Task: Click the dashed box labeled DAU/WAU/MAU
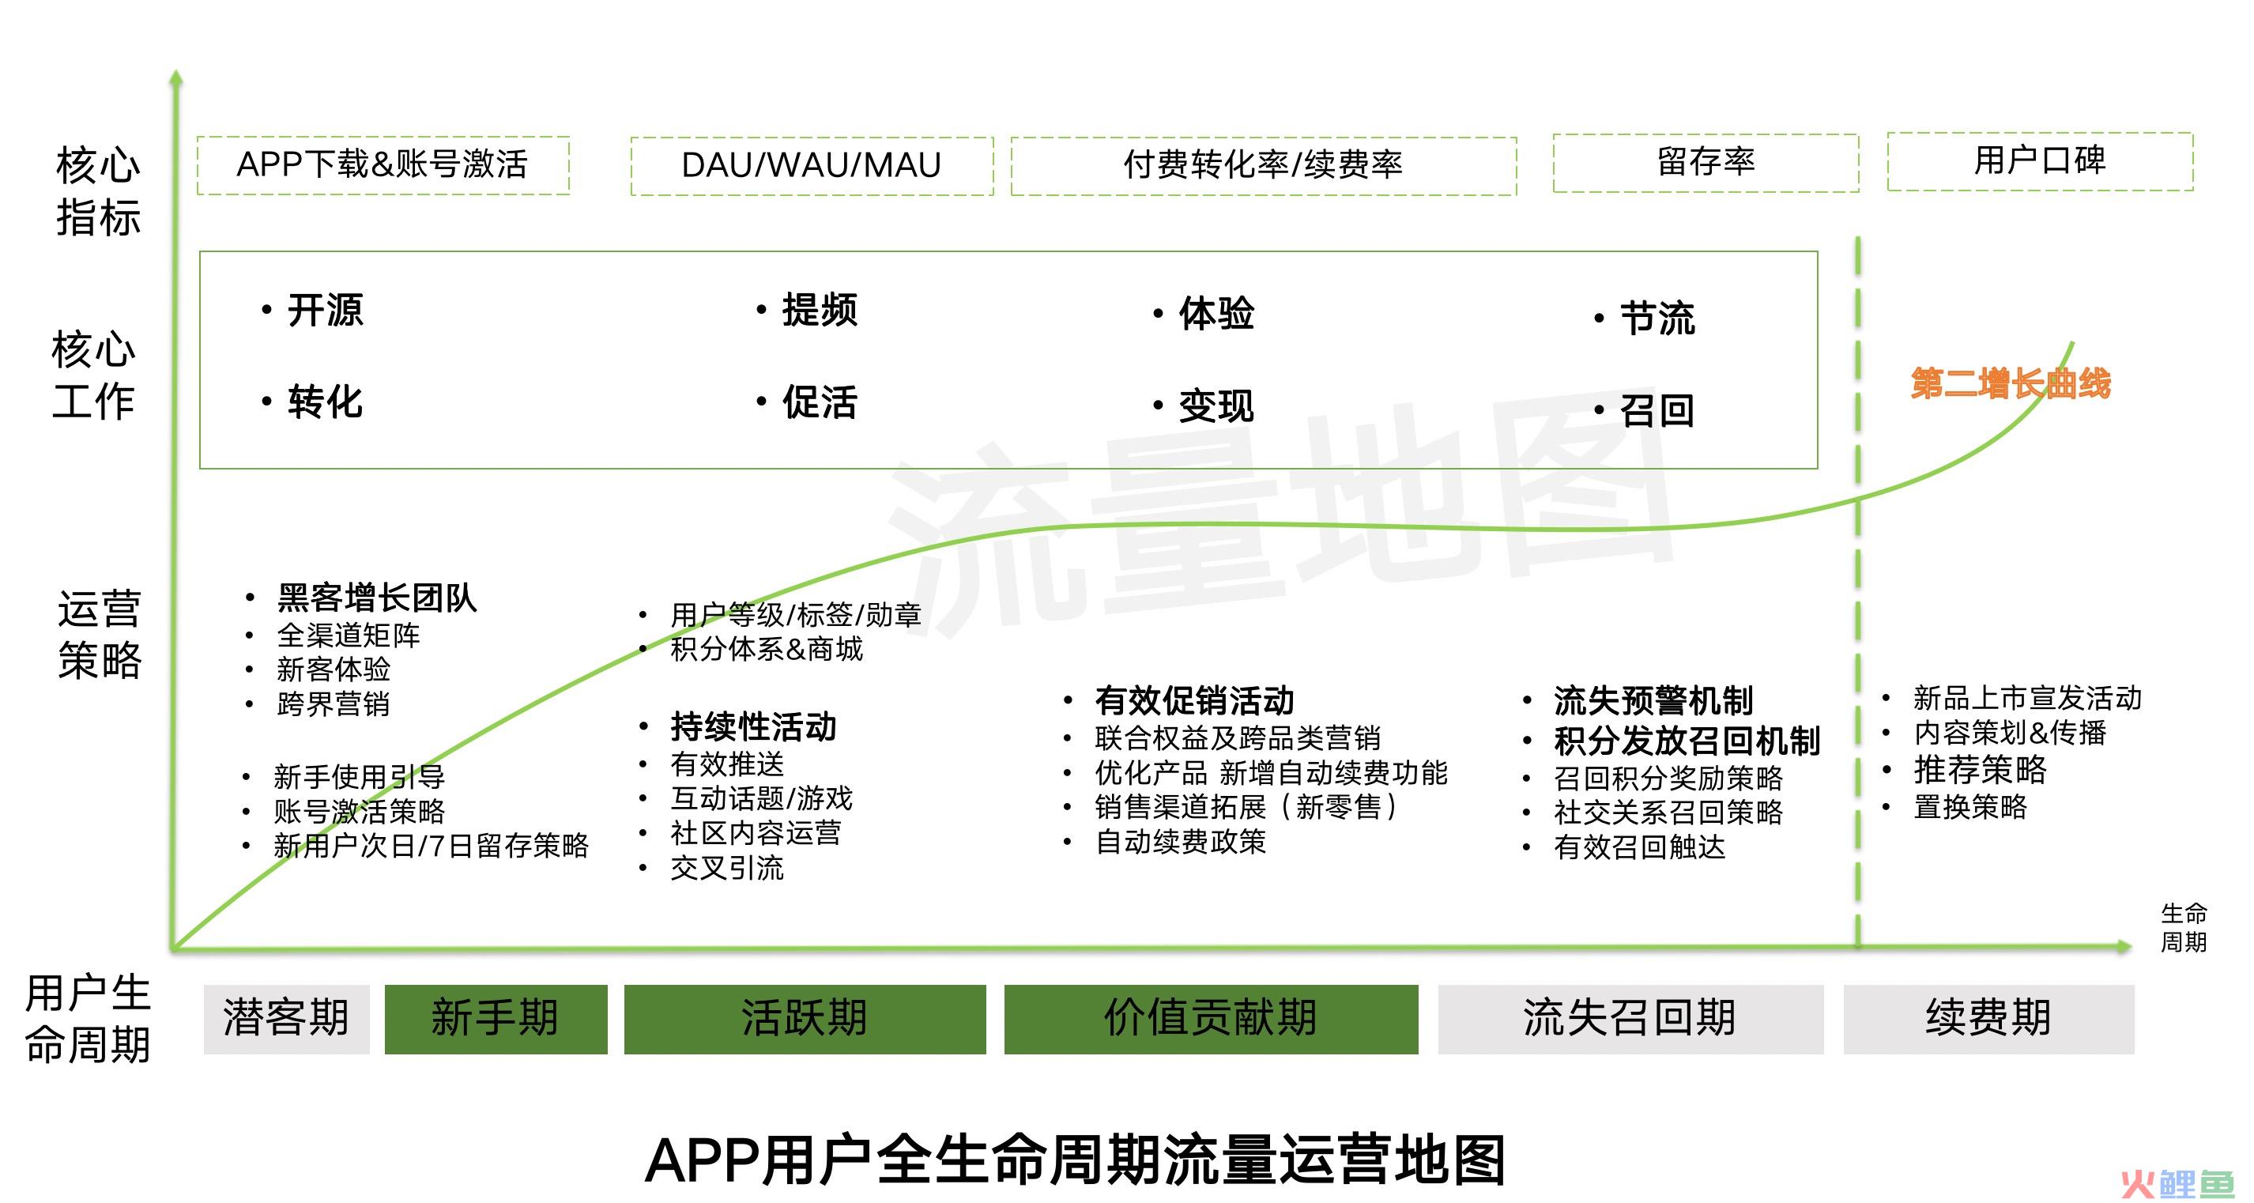tap(811, 165)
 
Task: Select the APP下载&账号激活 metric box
tap(383, 164)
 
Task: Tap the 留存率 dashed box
tap(1706, 162)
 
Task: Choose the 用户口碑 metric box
tap(2040, 161)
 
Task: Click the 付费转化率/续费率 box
tap(1264, 165)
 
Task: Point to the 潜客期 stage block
tap(286, 1018)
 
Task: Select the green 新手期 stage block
tap(496, 1018)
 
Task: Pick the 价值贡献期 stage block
tap(1211, 1018)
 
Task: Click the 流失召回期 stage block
tap(1630, 1018)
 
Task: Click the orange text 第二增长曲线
tap(2011, 383)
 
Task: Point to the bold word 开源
tap(326, 311)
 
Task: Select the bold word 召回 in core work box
tap(1657, 410)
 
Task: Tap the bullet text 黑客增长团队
tap(377, 598)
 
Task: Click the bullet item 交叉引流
tap(727, 868)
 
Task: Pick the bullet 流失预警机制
tap(1653, 701)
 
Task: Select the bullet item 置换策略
tap(1970, 807)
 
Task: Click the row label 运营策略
tap(99, 635)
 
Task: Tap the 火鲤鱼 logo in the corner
tap(2178, 1183)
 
